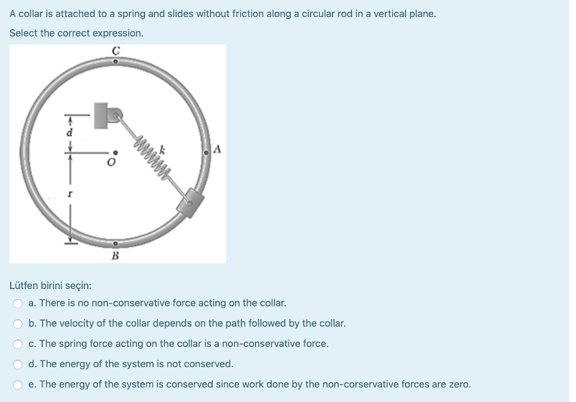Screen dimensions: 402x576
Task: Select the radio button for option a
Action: (19, 304)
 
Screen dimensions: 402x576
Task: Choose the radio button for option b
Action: (19, 324)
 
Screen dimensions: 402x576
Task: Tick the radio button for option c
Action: (19, 344)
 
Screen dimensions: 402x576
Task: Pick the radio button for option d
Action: (19, 364)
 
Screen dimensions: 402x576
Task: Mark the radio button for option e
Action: (19, 385)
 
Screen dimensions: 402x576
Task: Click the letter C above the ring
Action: (115, 51)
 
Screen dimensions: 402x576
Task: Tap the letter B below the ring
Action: (115, 256)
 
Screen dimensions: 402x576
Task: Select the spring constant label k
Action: (162, 150)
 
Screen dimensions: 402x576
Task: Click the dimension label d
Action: (70, 133)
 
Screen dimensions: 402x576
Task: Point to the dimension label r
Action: (70, 193)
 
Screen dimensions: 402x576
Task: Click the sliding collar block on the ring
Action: (191, 202)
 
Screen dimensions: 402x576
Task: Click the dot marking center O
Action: (116, 152)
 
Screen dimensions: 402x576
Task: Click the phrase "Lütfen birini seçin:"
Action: (47, 285)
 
